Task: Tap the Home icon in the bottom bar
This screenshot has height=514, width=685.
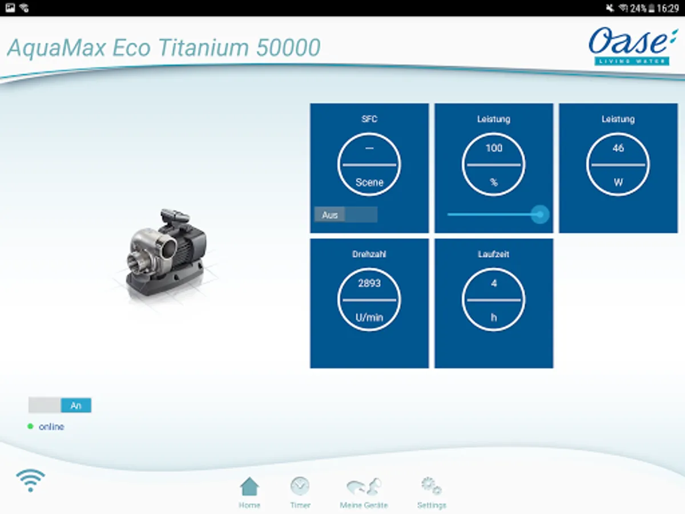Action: tap(249, 486)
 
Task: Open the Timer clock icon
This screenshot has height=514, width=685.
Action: tap(300, 486)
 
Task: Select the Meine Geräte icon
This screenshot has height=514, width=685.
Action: tap(364, 486)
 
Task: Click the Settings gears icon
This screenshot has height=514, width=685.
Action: tap(432, 485)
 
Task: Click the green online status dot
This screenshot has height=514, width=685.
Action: tap(30, 426)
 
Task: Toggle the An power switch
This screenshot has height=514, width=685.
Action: tap(60, 405)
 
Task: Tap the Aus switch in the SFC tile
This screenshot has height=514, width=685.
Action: tap(346, 215)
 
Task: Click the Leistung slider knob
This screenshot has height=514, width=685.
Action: tap(540, 214)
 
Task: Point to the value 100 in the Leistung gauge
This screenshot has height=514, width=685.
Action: tap(494, 148)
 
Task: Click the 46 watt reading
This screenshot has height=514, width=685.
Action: tap(618, 148)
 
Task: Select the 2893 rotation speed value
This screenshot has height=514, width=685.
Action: tap(369, 283)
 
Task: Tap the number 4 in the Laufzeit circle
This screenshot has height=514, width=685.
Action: tap(494, 283)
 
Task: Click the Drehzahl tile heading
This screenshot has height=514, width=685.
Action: tap(369, 254)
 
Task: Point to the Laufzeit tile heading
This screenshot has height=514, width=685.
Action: tap(494, 254)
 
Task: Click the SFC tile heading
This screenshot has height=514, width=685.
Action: tap(369, 119)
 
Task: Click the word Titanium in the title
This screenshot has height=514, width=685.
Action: tap(203, 48)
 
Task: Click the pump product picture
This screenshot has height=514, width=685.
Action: tap(166, 253)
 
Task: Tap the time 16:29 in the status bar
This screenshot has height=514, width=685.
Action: tap(668, 8)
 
